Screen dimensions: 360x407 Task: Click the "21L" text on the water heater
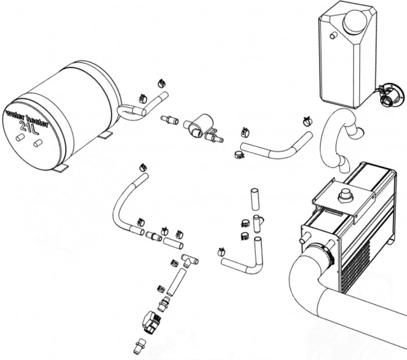click(30, 127)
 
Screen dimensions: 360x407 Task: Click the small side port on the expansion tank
click(333, 36)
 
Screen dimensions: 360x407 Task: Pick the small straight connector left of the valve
click(169, 120)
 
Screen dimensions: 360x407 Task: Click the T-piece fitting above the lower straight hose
click(189, 260)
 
